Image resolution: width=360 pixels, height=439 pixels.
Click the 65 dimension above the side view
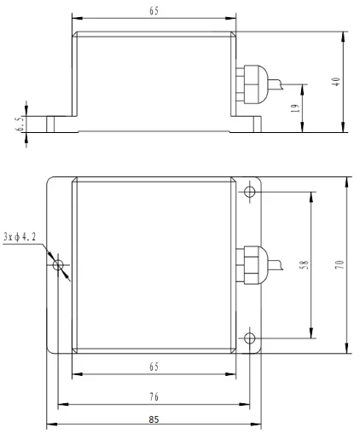pyautogui.click(x=154, y=11)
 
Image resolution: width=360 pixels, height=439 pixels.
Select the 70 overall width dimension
pyautogui.click(x=339, y=266)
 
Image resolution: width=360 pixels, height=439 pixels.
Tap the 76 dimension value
pyautogui.click(x=154, y=396)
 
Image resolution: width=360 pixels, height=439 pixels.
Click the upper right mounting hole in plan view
pyautogui.click(x=249, y=191)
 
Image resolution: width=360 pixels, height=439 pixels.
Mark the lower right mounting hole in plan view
pyautogui.click(x=249, y=339)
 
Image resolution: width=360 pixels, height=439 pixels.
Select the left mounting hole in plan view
pyautogui.click(x=59, y=266)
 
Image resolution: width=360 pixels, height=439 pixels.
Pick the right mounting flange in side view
pyautogui.click(x=248, y=124)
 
